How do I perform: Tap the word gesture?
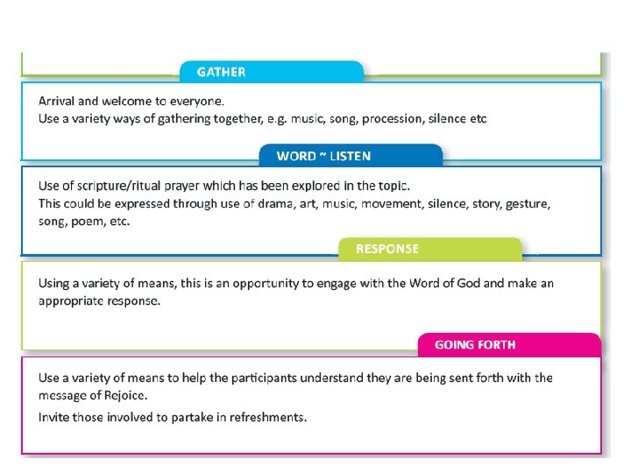[x=524, y=204]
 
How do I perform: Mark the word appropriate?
[x=73, y=300]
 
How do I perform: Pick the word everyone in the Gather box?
[x=196, y=100]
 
